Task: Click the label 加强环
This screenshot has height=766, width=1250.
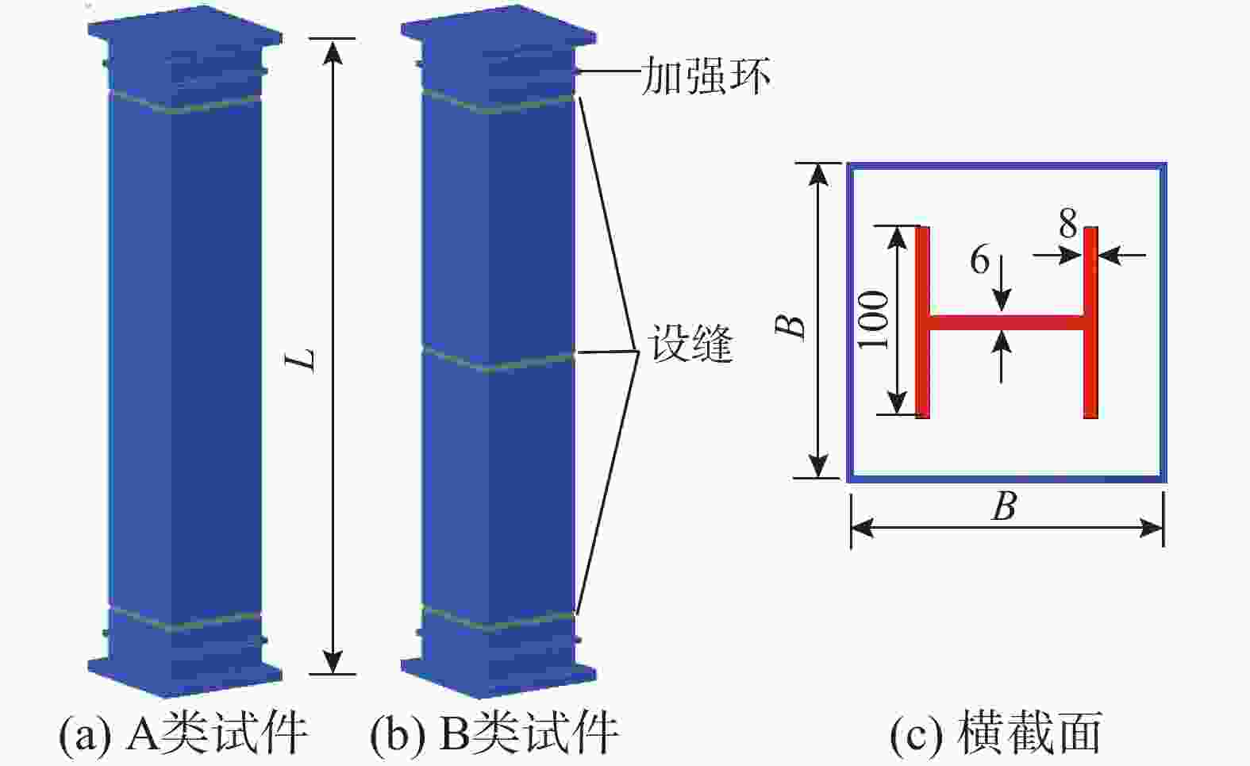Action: pyautogui.click(x=706, y=75)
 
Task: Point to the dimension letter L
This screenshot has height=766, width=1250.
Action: pyautogui.click(x=302, y=360)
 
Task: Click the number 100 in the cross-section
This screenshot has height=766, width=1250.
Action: pyautogui.click(x=873, y=320)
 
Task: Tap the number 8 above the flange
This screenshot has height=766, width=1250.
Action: pyautogui.click(x=1068, y=223)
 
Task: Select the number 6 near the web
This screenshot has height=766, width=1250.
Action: pyautogui.click(x=980, y=259)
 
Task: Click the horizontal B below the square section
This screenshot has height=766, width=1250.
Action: pyautogui.click(x=1005, y=506)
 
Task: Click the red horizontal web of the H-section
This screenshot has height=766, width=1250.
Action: pyautogui.click(x=1006, y=323)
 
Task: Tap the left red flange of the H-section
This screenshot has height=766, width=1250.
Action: pyautogui.click(x=922, y=322)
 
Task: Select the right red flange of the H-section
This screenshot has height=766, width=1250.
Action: pyautogui.click(x=1091, y=322)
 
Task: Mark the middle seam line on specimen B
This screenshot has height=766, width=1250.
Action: pyautogui.click(x=498, y=360)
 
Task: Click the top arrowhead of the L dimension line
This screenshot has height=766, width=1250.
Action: pyautogui.click(x=333, y=52)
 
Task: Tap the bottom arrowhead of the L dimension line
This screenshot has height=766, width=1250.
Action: pyautogui.click(x=333, y=661)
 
